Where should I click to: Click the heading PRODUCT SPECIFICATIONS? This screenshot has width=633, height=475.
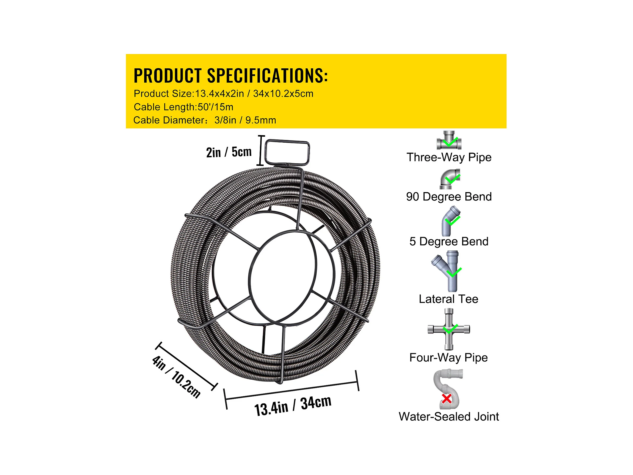[x=231, y=76]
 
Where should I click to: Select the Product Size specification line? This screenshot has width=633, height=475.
[x=224, y=94]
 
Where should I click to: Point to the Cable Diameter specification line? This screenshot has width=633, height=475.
[x=205, y=120]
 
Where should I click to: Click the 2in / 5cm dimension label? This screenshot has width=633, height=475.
[x=229, y=152]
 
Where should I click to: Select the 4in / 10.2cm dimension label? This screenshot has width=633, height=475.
[x=176, y=377]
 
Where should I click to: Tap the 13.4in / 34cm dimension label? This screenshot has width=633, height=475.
[x=293, y=405]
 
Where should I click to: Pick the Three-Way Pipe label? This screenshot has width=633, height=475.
[x=449, y=157]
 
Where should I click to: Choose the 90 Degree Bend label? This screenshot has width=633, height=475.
[x=449, y=197]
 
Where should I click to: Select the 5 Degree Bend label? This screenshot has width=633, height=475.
[x=449, y=242]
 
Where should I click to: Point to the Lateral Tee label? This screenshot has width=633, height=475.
[x=449, y=299]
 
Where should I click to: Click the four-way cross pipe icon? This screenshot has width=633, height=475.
[x=449, y=329]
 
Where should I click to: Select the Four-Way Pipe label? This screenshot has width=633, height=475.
[x=449, y=358]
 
